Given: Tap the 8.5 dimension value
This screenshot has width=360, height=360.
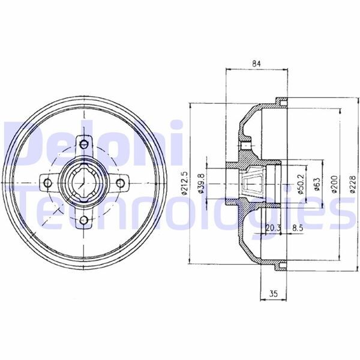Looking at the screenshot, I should [x=297, y=227].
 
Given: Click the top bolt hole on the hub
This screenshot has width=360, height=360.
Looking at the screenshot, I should [x=83, y=143].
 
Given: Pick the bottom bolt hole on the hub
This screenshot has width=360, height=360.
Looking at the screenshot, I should [x=83, y=221].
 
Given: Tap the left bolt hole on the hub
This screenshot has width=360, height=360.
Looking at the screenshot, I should [x=46, y=182].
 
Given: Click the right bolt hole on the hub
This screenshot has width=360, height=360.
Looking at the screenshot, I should [x=122, y=182].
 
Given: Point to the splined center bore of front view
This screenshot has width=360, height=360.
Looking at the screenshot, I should [x=83, y=182].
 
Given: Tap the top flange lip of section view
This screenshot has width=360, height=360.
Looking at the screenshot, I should [x=277, y=101].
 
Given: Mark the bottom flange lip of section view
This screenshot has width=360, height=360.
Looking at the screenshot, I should [x=277, y=263].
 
